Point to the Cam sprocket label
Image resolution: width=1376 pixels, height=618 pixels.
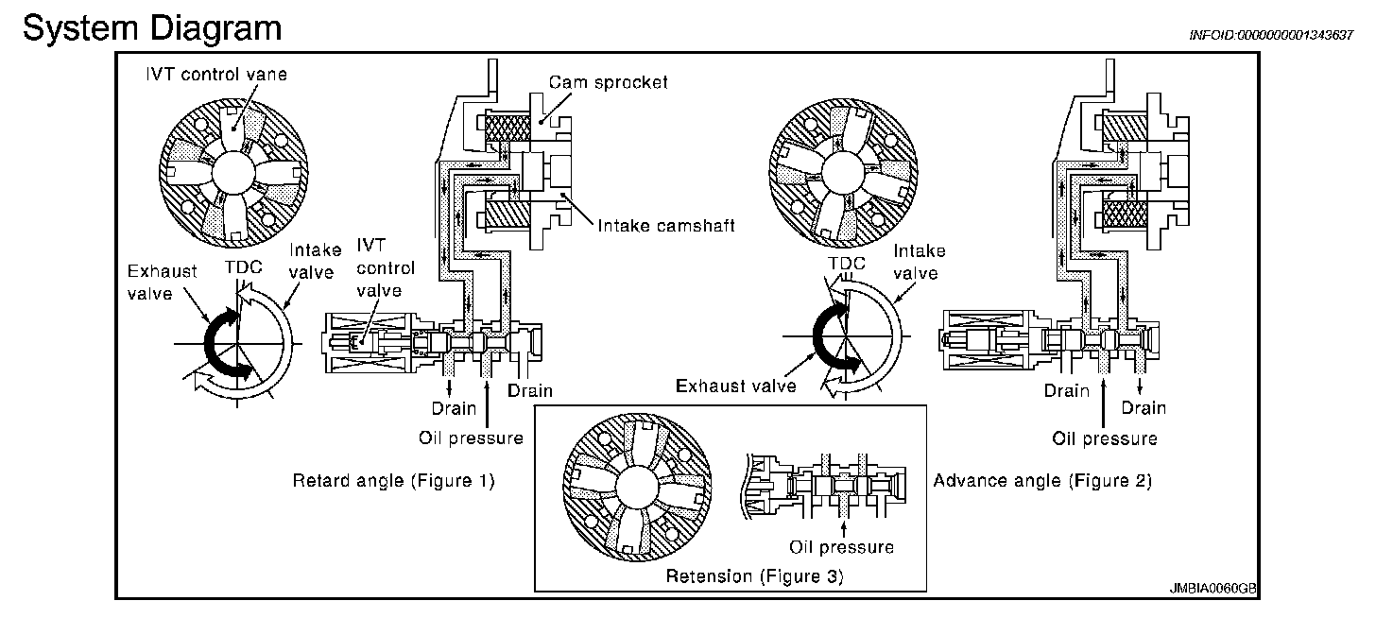click(609, 82)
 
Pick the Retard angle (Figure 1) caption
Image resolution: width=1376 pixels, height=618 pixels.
click(393, 481)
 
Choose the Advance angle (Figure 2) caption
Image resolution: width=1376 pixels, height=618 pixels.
click(1042, 481)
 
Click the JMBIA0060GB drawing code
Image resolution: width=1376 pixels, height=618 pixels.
click(1213, 588)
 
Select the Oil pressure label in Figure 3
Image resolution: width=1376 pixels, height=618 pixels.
click(841, 546)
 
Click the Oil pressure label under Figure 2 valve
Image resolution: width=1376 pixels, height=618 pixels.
click(1105, 438)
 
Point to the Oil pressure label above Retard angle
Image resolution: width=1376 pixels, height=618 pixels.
click(471, 438)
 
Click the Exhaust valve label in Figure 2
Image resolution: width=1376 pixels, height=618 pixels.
click(736, 386)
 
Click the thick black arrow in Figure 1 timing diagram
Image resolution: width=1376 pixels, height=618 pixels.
click(219, 344)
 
